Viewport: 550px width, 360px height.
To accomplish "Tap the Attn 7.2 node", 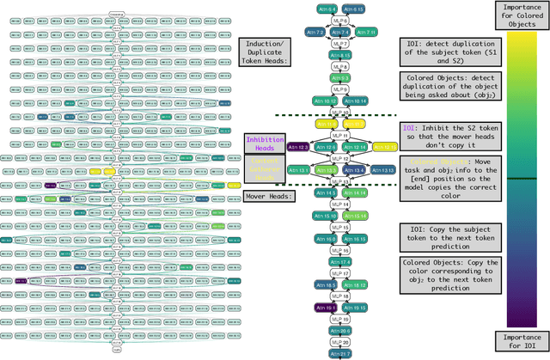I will tap(315, 32).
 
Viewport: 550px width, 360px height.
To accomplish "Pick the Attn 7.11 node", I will tap(366, 32).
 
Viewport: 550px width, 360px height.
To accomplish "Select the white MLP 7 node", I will tap(341, 43).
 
